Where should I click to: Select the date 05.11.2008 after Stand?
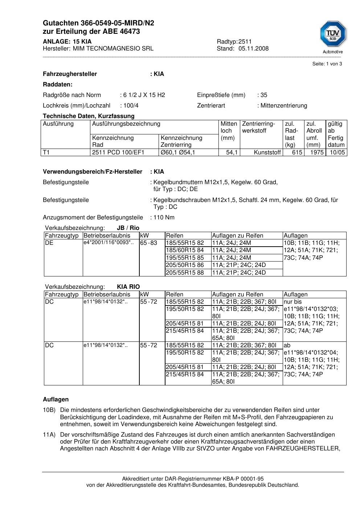(253, 49)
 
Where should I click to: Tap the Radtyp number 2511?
(245, 42)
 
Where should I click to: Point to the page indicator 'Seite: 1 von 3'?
(327, 64)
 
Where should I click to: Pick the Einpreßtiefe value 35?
(264, 95)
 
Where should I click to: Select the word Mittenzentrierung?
(284, 106)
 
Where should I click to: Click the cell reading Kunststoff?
(267, 153)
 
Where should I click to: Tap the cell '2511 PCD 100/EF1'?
(118, 153)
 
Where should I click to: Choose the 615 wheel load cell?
(297, 153)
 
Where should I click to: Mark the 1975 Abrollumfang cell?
(317, 153)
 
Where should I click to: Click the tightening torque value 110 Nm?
(164, 218)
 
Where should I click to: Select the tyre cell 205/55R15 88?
(185, 273)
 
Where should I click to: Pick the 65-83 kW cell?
(149, 243)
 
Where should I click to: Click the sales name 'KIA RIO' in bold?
(128, 287)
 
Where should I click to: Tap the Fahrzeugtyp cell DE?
(49, 243)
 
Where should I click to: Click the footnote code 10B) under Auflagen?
(49, 410)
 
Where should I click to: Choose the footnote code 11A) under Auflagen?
(49, 435)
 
